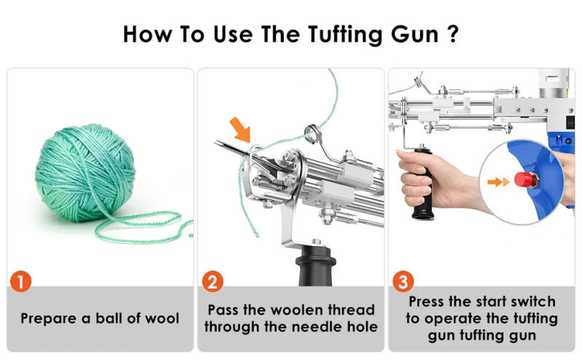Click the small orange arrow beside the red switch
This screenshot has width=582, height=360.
[x=498, y=180]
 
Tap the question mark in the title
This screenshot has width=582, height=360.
[x=453, y=34]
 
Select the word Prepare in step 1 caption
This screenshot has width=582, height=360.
[x=49, y=319]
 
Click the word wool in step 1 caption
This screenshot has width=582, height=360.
[x=162, y=319]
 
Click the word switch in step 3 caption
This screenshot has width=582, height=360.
[x=532, y=301]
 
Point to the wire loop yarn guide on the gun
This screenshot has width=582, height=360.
[x=313, y=135]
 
